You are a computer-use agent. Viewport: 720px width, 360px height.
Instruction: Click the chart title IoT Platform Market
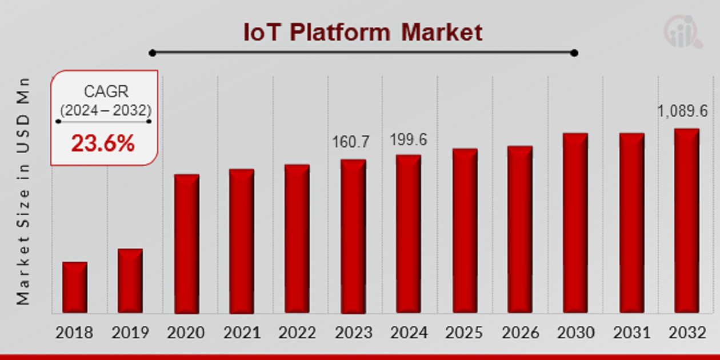(363, 32)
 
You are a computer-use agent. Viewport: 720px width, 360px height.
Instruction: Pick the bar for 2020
(186, 244)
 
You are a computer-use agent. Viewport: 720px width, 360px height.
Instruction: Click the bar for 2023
(353, 236)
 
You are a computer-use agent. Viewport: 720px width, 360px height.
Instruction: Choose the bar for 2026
(519, 230)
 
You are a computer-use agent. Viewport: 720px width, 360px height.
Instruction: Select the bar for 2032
(686, 221)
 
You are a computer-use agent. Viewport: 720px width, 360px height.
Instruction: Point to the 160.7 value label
(351, 142)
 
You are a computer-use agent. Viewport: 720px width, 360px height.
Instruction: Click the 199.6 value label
(409, 139)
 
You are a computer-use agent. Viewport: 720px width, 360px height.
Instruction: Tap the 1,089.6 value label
(683, 111)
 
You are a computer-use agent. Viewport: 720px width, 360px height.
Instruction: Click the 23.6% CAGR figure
(103, 144)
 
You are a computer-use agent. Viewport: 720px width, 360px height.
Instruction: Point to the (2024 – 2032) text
(106, 110)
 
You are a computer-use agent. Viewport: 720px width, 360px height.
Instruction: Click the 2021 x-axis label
(242, 332)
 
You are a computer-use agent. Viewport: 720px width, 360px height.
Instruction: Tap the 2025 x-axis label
(464, 332)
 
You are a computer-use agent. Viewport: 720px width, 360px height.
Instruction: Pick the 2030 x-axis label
(575, 332)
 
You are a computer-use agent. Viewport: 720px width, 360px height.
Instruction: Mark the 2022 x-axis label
(297, 332)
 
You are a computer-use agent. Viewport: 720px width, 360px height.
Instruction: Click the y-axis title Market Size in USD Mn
(23, 191)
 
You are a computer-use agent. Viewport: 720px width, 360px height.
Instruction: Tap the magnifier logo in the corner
(683, 31)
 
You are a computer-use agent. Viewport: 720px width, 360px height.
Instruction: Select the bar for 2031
(631, 223)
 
